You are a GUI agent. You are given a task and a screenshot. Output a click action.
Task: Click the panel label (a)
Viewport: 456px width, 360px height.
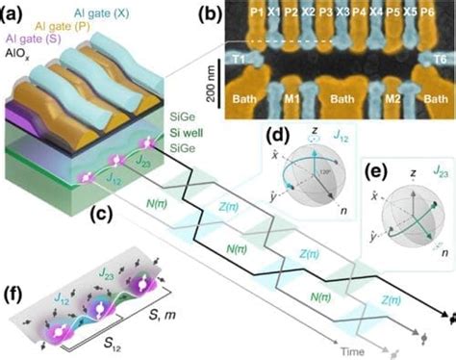pos(16,13)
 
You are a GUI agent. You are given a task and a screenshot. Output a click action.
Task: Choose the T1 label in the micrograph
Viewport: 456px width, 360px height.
pos(238,58)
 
